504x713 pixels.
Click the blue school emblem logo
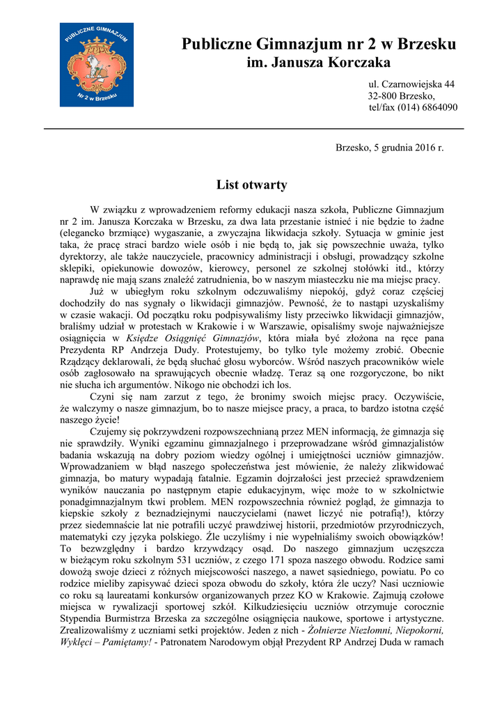coord(86,64)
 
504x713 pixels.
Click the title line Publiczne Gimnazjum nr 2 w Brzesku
coord(319,45)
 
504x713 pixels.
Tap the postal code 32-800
coord(382,96)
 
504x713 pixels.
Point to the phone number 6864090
coord(436,107)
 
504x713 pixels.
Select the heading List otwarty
coord(251,185)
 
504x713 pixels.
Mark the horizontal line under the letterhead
coord(253,129)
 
